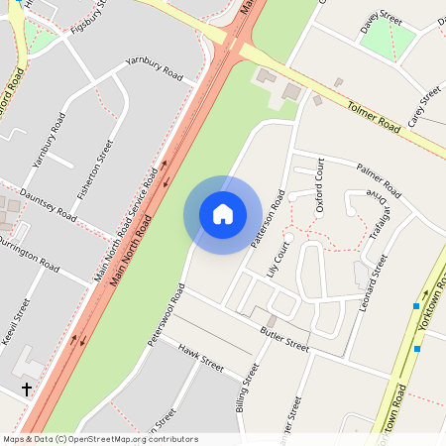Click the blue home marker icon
(x=223, y=214)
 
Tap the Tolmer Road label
(x=373, y=113)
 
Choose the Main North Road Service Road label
(x=126, y=226)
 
